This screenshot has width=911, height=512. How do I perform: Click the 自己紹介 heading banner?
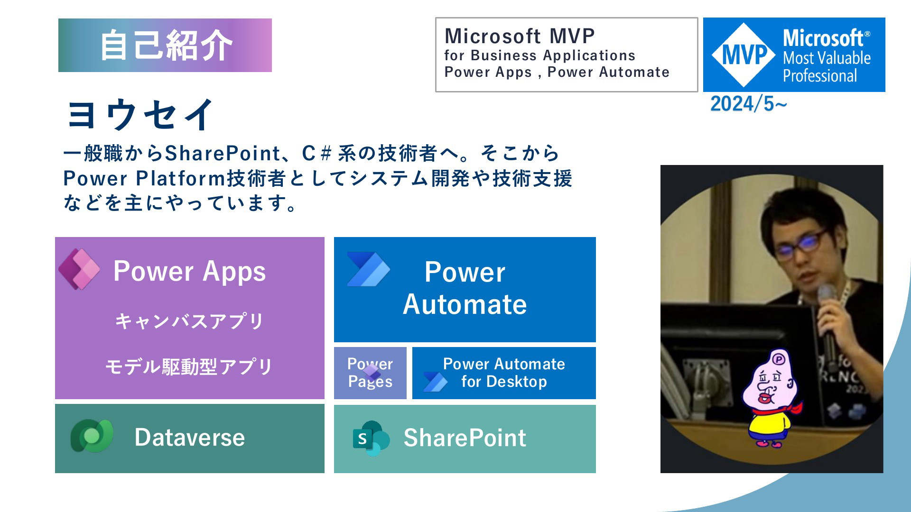pyautogui.click(x=165, y=45)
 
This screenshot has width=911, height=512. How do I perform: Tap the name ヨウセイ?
pyautogui.click(x=140, y=114)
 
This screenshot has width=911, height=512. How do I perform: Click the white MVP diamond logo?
pyautogui.click(x=744, y=55)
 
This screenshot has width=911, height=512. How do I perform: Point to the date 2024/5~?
pyautogui.click(x=748, y=104)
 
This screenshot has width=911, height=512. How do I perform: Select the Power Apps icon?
pyautogui.click(x=79, y=269)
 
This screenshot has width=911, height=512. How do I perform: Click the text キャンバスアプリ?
pyautogui.click(x=189, y=321)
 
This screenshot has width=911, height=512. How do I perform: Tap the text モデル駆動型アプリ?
pyautogui.click(x=189, y=366)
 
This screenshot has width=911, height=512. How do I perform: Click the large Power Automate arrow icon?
pyautogui.click(x=368, y=269)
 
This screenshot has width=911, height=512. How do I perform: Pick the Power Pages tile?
pyautogui.click(x=370, y=373)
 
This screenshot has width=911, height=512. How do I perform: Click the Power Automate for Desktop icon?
pyautogui.click(x=435, y=382)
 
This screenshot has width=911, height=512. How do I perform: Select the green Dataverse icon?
pyautogui.click(x=92, y=436)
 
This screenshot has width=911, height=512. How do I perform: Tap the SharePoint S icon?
pyautogui.click(x=371, y=439)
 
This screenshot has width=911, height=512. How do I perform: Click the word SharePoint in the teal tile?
pyautogui.click(x=465, y=438)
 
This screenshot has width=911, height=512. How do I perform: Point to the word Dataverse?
pyautogui.click(x=190, y=437)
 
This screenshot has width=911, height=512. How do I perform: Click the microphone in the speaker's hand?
pyautogui.click(x=828, y=322)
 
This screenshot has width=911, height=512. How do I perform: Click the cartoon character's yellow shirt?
pyautogui.click(x=769, y=425)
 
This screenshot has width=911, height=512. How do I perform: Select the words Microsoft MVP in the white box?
pyautogui.click(x=520, y=36)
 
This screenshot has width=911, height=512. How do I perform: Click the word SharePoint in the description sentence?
pyautogui.click(x=223, y=153)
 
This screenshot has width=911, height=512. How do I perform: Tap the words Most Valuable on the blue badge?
pyautogui.click(x=827, y=58)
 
